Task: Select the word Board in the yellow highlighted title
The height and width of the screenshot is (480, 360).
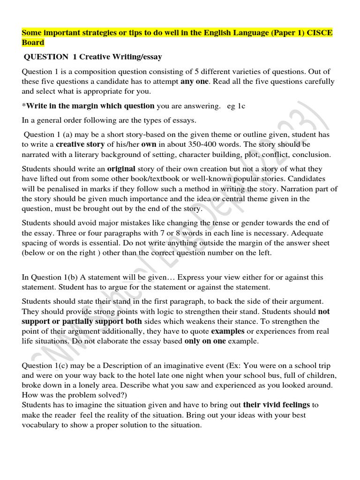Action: coord(33,43)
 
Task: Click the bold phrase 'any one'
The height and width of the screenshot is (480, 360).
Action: coord(194,81)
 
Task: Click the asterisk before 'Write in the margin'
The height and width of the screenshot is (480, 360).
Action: coord(24,106)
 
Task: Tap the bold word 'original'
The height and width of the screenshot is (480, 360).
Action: coord(121,169)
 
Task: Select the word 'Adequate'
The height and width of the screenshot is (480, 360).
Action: coord(309,232)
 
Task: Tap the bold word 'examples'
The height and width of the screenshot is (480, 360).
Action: coord(227,331)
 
